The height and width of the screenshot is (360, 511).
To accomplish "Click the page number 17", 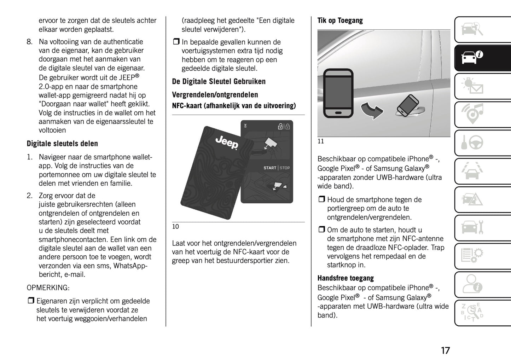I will (445, 350).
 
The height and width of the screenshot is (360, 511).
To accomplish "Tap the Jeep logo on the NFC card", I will (227, 142).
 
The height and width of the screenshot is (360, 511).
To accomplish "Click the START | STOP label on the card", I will (277, 168).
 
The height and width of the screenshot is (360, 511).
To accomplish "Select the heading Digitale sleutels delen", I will (62, 144).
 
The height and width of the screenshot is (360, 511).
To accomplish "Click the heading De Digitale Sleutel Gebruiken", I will (219, 82).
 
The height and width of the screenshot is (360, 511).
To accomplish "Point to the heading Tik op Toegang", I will (340, 21).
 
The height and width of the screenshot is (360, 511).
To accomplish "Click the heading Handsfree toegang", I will (345, 278).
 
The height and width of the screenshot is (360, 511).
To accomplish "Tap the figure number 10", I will (175, 227).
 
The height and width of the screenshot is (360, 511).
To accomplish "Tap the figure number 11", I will (321, 141).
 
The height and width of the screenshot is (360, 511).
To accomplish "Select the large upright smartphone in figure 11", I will (338, 93).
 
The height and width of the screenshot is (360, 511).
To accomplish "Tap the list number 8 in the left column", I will (30, 42).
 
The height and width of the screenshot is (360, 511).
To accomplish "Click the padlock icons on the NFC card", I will (284, 126).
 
